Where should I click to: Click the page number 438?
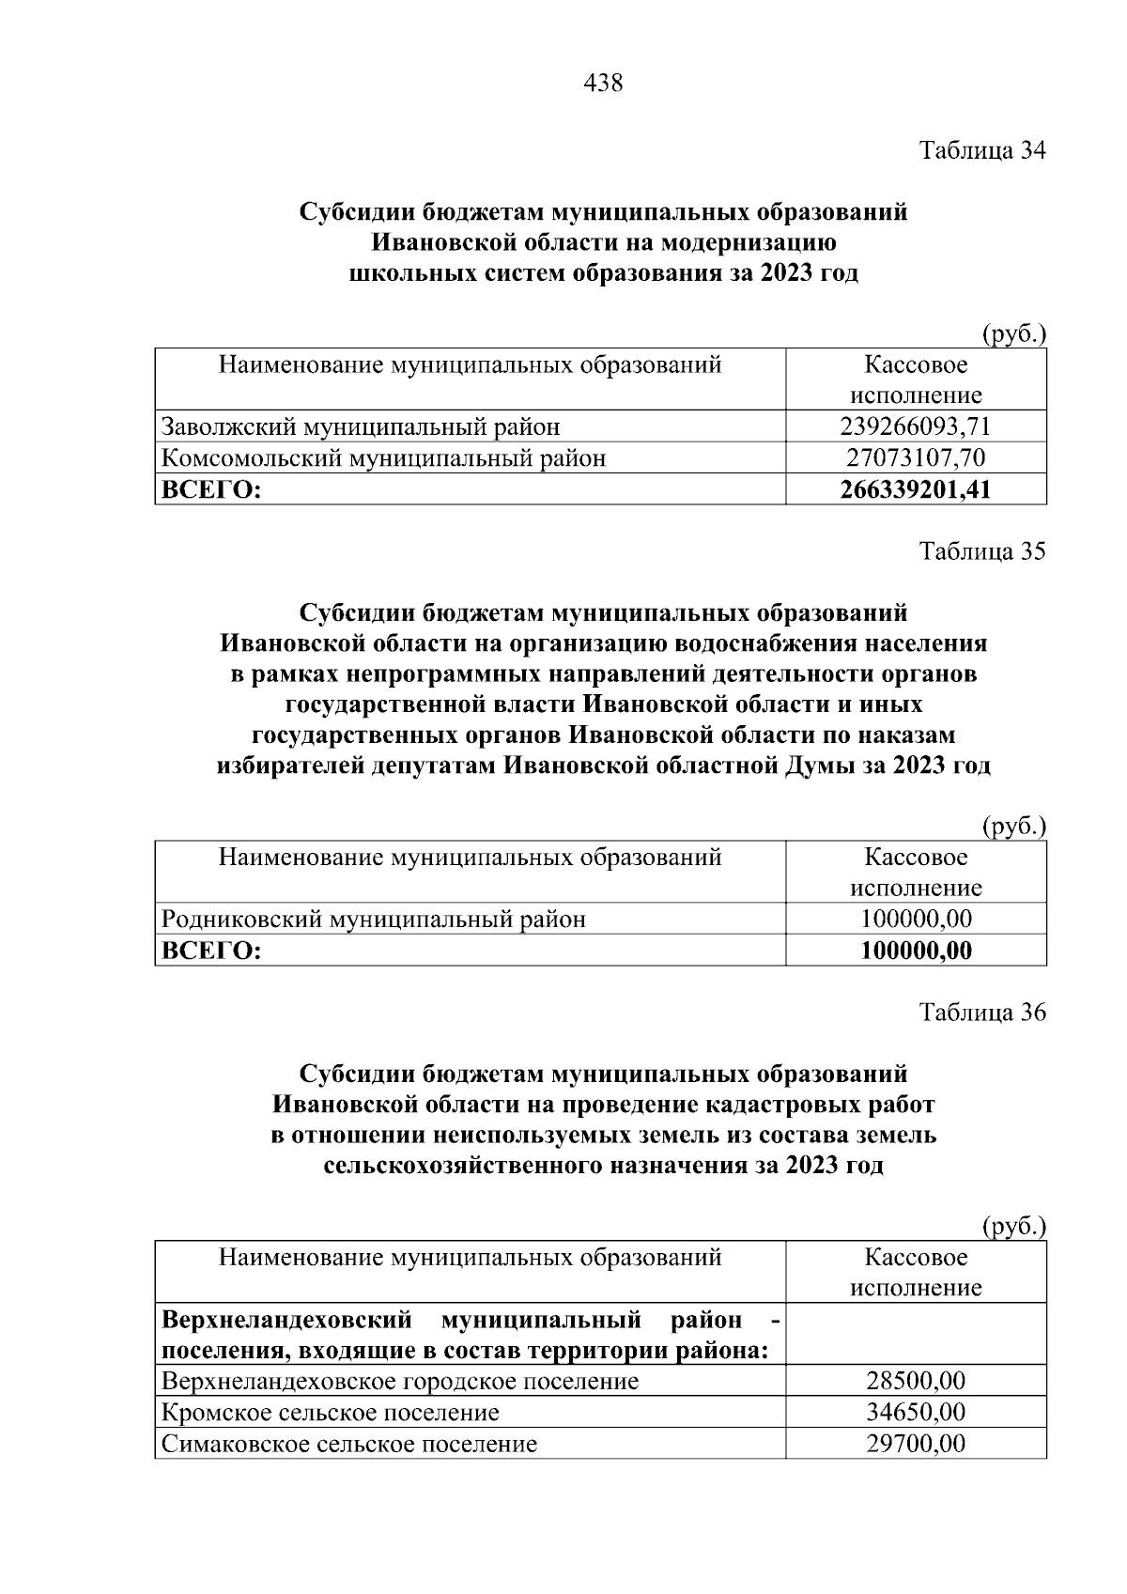[x=603, y=84]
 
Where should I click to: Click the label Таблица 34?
[x=981, y=150]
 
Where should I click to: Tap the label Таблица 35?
[x=981, y=550]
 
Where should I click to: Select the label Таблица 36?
[x=981, y=1012]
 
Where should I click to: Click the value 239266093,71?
[x=916, y=426]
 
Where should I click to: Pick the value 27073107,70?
[x=916, y=458]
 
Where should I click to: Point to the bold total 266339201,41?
[x=916, y=489]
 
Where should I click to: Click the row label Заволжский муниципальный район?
[x=361, y=426]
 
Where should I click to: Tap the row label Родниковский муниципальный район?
[x=374, y=919]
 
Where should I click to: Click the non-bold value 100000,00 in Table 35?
[x=916, y=919]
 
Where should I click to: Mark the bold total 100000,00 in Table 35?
[x=916, y=951]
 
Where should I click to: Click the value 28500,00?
[x=916, y=1381]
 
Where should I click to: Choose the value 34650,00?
[x=916, y=1412]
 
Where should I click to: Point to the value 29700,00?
[x=916, y=1443]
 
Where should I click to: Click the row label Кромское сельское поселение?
[x=331, y=1412]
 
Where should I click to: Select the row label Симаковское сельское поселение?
[x=349, y=1443]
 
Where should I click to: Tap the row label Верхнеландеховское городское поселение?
[x=400, y=1381]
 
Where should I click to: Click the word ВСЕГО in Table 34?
[x=211, y=489]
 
